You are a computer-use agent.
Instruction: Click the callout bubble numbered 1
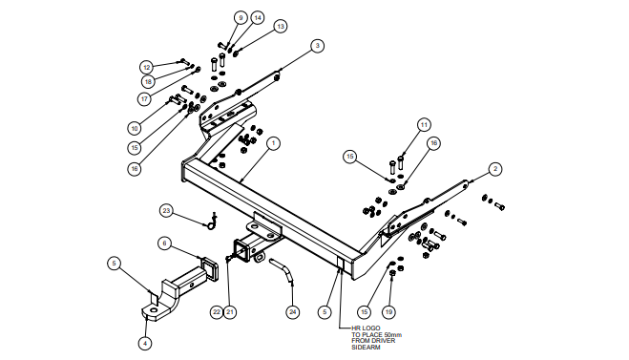(273, 143)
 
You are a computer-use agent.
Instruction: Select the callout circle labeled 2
(495, 169)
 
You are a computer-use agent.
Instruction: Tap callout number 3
(317, 46)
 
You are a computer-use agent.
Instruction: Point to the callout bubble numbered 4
(145, 343)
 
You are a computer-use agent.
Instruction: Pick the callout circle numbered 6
(164, 244)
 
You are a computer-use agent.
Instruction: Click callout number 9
(241, 18)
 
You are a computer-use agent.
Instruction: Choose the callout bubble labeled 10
(135, 128)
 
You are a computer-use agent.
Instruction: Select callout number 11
(424, 125)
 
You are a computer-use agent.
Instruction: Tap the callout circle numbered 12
(147, 68)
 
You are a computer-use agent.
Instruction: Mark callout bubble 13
(281, 27)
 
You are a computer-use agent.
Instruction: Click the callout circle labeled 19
(388, 312)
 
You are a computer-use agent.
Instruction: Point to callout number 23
(166, 211)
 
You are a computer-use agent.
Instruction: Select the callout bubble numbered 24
(293, 312)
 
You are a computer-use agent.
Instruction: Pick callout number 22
(217, 312)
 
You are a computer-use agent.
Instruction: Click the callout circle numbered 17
(144, 98)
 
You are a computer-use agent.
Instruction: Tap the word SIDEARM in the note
(366, 348)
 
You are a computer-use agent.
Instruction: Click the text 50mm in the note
(393, 335)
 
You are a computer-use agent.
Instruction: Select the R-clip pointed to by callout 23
(212, 222)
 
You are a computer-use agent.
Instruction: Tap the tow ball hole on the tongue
(154, 310)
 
